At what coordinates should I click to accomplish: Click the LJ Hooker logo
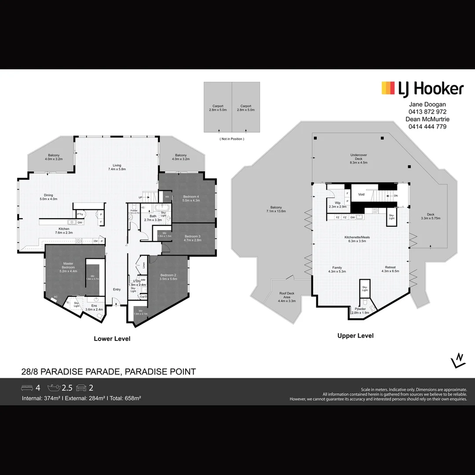422,89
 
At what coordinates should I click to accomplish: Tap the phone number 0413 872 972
427,112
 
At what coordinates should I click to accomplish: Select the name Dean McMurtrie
427,119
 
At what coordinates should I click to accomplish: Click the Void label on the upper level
362,194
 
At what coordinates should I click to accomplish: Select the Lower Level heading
112,339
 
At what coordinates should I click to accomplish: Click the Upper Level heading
355,336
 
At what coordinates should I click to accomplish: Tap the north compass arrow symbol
458,360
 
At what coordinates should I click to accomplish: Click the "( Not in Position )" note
231,139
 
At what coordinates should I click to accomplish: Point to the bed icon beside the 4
27,388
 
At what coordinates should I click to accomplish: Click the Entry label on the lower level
117,289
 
